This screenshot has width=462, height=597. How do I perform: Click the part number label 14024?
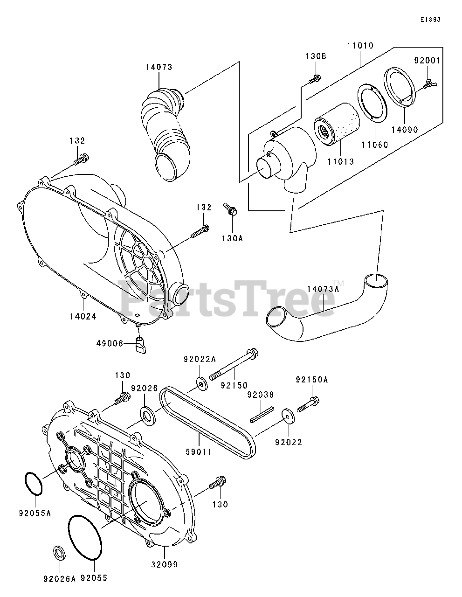pyautogui.click(x=83, y=316)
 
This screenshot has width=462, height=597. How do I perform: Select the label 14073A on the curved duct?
pyautogui.click(x=323, y=289)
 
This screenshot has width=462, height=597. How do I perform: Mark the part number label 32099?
pyautogui.click(x=164, y=564)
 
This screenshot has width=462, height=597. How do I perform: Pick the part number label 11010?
pyautogui.click(x=360, y=46)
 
